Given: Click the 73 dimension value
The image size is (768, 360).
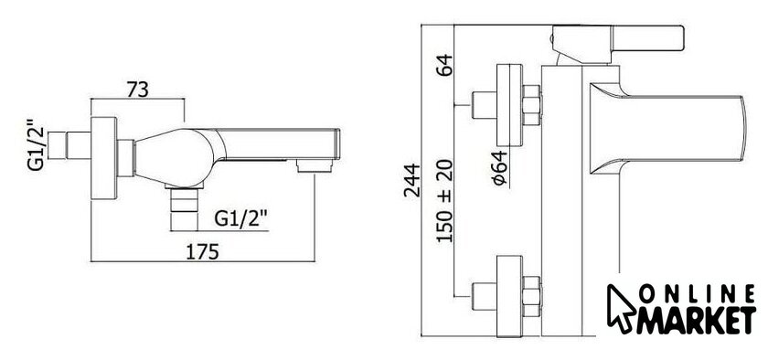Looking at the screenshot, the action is coord(138,90).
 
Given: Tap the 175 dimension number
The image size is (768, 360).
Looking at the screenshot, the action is coord(202,252).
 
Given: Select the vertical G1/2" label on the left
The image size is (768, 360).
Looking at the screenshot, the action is coord(37,145).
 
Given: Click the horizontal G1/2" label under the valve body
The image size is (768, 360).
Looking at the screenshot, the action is coord(241,218).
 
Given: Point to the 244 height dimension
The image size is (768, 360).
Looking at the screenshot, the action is coord(412,180).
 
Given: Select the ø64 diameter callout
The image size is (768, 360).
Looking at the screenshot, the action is coord(499,168).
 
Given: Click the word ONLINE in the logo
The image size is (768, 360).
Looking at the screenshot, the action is coord(698,294).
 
